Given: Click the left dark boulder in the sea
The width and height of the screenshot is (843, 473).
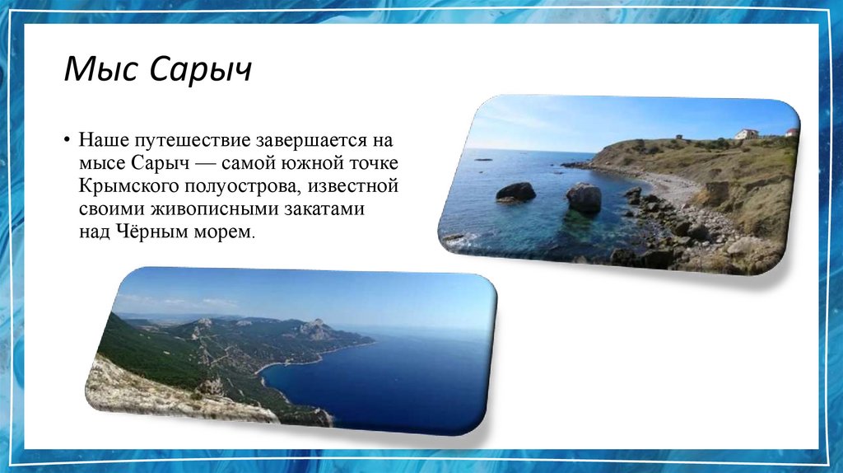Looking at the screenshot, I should [x=515, y=192].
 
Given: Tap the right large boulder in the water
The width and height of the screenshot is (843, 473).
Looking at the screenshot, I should [x=584, y=199].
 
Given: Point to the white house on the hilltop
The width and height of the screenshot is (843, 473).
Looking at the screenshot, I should [x=746, y=134].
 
